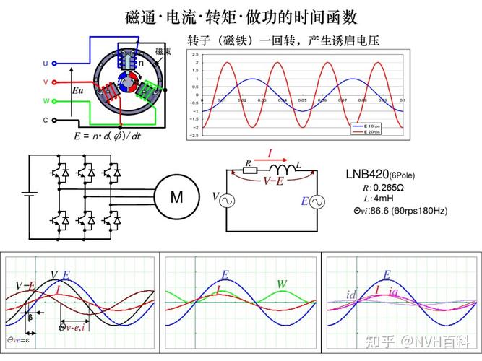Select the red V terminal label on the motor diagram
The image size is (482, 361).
(45, 82)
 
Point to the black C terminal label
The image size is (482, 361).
(45, 120)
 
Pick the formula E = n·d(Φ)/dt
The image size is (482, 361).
(107, 136)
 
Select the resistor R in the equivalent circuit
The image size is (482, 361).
(249, 170)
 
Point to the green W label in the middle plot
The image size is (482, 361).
(281, 284)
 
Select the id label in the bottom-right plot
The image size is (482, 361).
(352, 295)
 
